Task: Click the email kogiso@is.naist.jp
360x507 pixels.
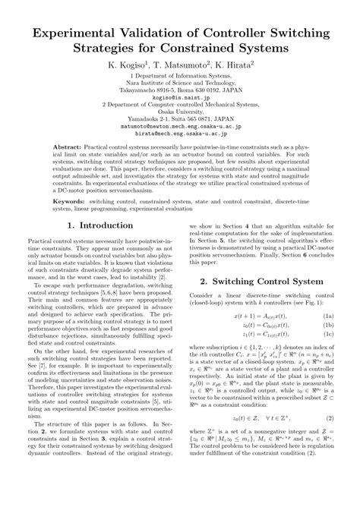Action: pos(180,98)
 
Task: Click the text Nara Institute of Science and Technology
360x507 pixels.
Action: pos(180,83)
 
